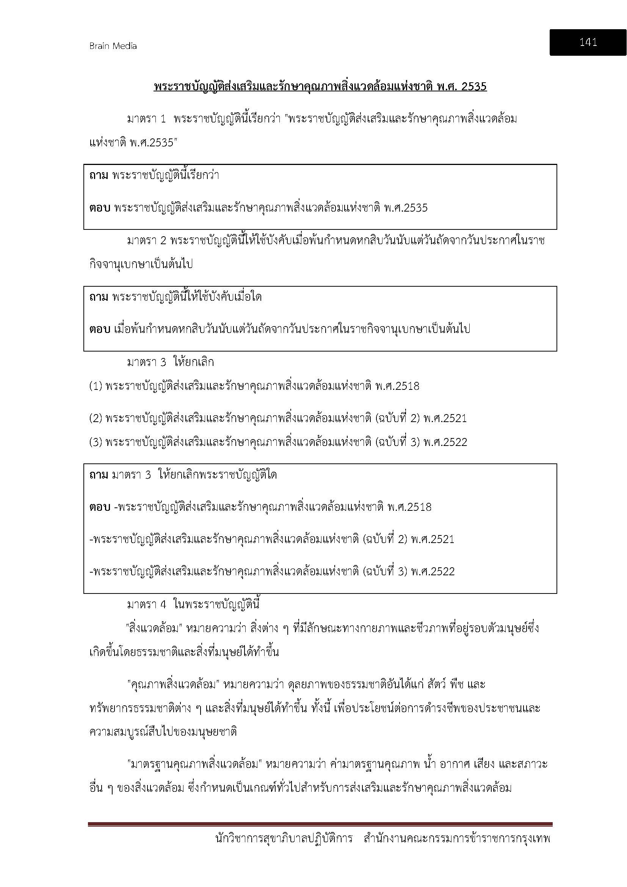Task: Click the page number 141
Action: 588,42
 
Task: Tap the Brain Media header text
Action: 113,46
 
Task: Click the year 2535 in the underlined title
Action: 474,86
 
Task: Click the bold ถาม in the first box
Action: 99,176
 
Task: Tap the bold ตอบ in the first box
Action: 100,208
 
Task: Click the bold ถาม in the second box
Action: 99,297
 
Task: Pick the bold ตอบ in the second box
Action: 100,330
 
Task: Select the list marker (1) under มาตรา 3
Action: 96,386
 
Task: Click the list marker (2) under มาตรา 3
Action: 96,418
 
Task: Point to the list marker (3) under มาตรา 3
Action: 96,442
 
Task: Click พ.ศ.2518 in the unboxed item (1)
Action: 397,386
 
